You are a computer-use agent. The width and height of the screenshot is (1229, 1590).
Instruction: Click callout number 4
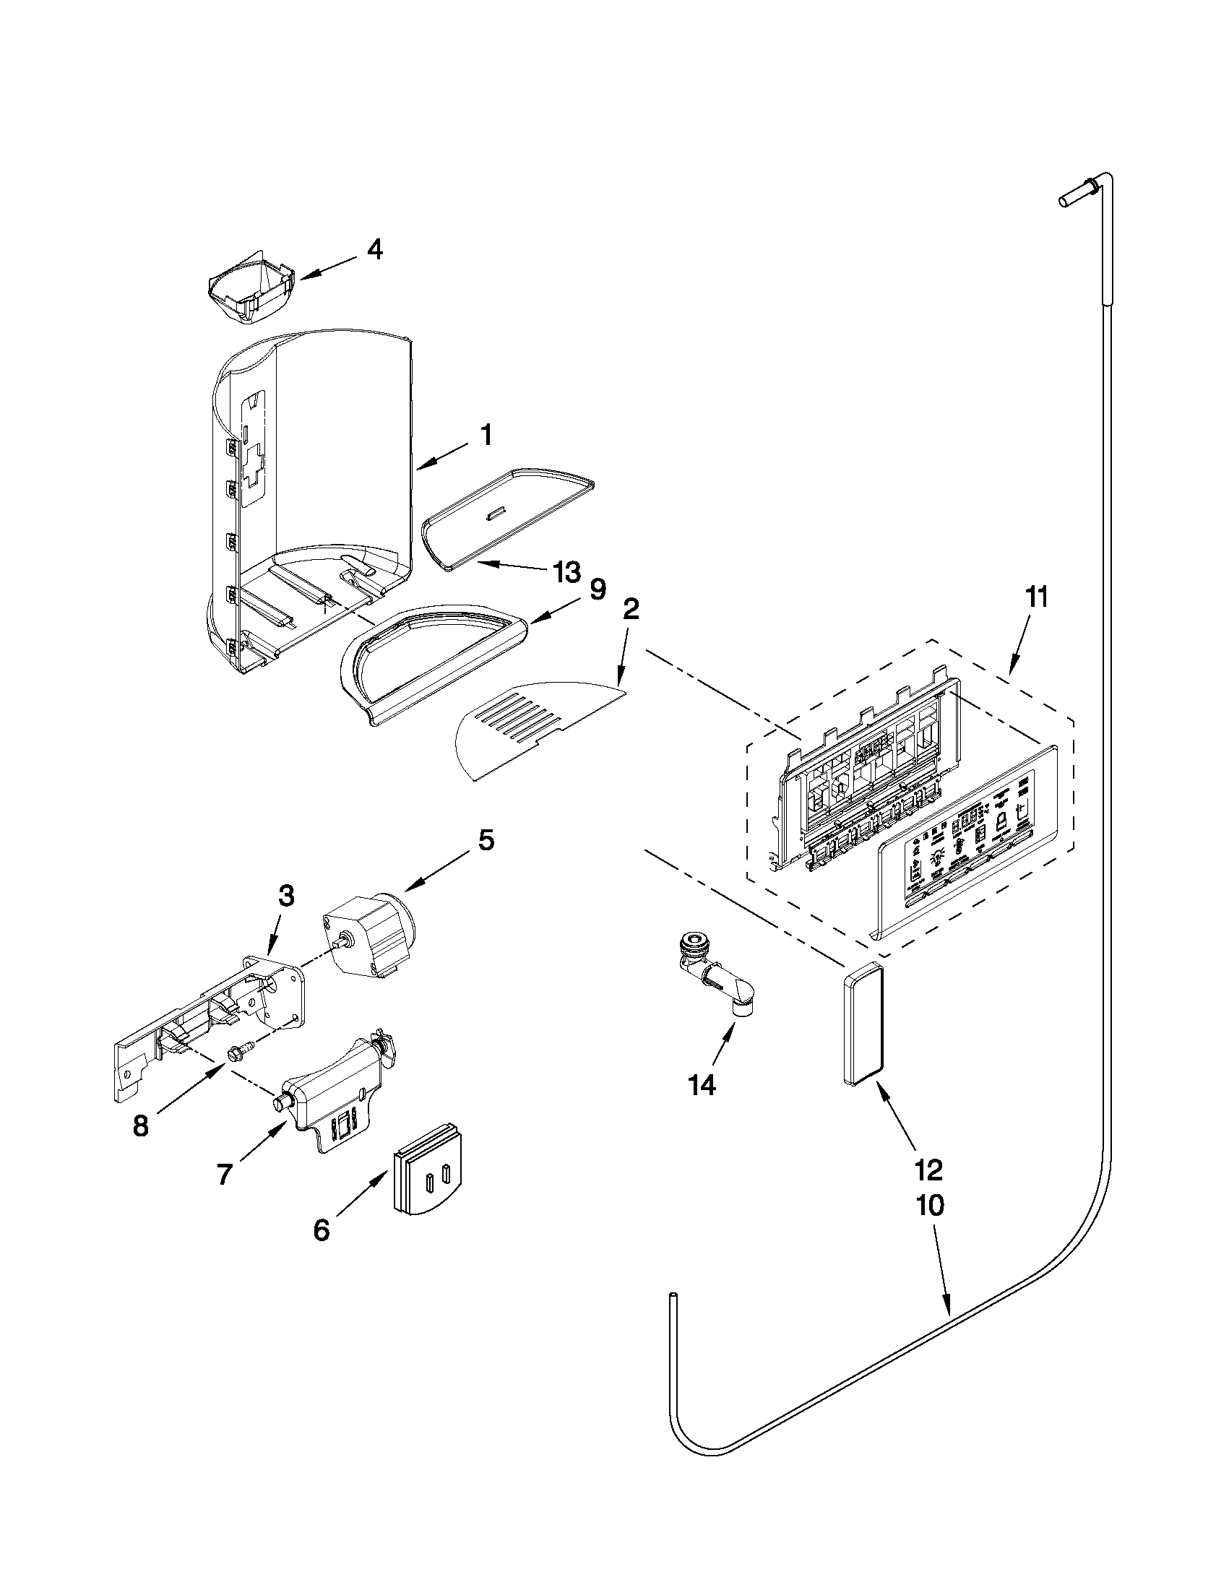374,251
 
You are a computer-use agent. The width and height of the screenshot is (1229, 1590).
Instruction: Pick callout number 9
597,589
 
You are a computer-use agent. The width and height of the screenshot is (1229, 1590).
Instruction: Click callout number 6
321,1230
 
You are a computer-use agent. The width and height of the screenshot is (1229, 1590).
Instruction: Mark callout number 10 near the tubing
930,1206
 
